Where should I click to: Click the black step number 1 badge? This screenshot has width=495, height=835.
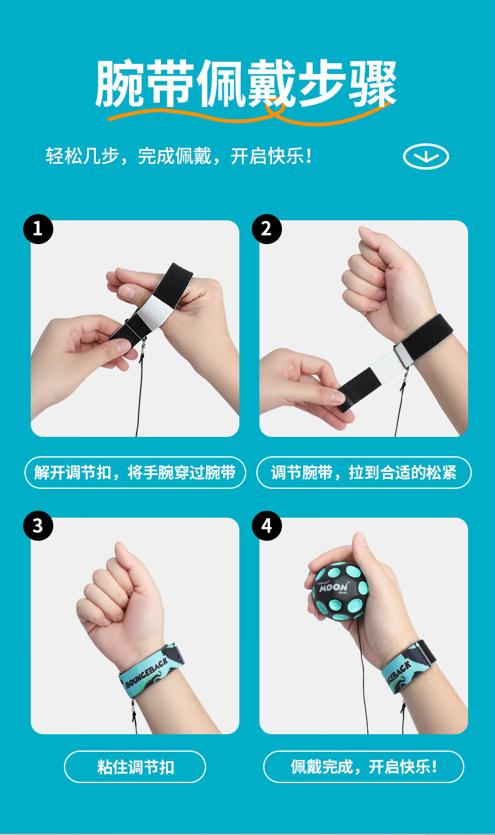[x=38, y=229]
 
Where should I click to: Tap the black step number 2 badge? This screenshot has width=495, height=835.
[x=267, y=229]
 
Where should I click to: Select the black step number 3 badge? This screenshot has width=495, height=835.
[x=38, y=526]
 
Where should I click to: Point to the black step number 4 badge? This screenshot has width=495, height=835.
[x=267, y=526]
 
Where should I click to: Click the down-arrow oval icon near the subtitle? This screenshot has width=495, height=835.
[x=426, y=156]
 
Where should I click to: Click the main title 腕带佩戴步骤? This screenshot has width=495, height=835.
[x=246, y=83]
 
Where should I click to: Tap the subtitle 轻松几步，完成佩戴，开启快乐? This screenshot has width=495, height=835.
[x=179, y=156]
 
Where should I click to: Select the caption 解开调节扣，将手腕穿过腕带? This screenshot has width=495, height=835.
[x=135, y=473]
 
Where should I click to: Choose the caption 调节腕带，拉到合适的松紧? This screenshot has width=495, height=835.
[x=363, y=473]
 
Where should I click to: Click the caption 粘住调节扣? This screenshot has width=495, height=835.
[x=135, y=767]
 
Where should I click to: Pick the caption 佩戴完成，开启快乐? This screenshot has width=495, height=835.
[x=364, y=767]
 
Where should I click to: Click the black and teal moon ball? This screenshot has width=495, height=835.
[x=340, y=592]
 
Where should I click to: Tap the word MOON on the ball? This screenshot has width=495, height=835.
[x=333, y=588]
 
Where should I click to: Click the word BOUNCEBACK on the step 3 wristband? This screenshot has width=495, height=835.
[x=146, y=672]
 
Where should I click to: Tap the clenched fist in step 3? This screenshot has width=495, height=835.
[x=118, y=600]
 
